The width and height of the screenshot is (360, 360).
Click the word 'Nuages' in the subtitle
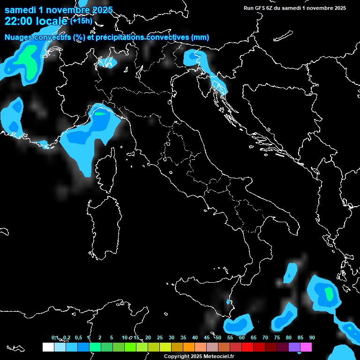[x=18, y=37]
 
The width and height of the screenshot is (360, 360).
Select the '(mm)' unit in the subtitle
[x=200, y=37]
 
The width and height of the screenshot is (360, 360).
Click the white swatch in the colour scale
[x=48, y=347]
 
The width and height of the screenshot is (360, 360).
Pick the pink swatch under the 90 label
[x=306, y=347]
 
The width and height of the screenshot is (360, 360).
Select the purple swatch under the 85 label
[x=294, y=347]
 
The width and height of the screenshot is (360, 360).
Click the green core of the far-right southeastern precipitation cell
[x=329, y=294]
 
